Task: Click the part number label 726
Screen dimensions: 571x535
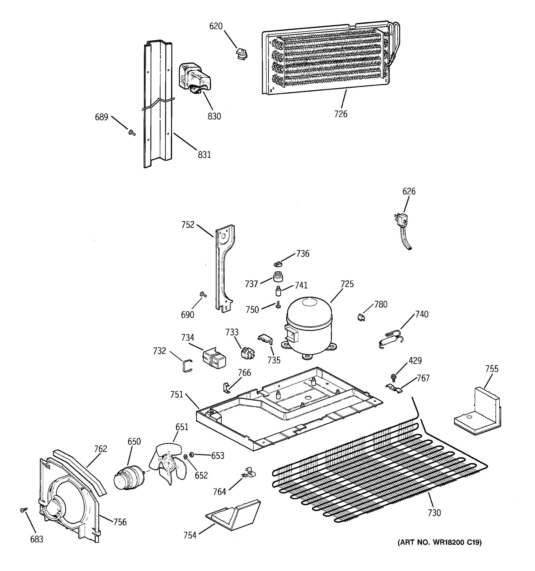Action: coord(341,114)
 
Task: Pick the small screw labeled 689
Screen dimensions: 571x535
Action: coord(132,133)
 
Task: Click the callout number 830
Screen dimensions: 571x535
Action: coord(214,116)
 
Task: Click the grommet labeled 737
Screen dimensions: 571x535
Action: coord(278,277)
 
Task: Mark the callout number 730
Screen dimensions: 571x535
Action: coord(434,512)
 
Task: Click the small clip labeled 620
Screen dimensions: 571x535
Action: coord(241,54)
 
